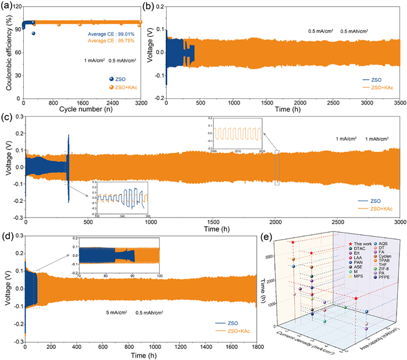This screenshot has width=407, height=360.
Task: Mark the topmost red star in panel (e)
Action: point(293,243)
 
